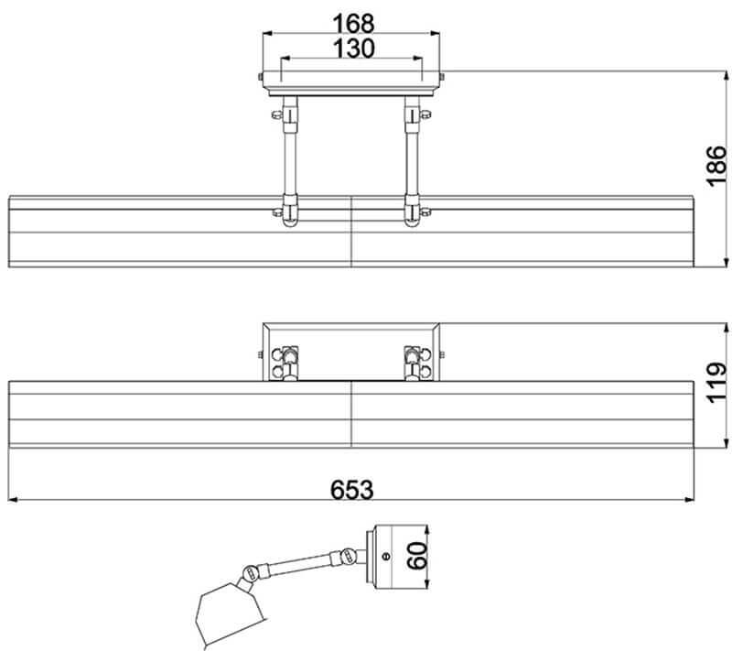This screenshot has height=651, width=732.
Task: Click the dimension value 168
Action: click(x=353, y=24)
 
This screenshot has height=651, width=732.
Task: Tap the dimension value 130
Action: click(x=353, y=49)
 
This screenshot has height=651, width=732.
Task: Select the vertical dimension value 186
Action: click(x=716, y=167)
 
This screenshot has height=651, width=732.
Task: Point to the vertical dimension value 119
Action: click(x=716, y=382)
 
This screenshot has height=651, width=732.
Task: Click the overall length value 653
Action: click(x=351, y=490)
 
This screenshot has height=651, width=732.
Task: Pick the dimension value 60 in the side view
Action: click(x=417, y=555)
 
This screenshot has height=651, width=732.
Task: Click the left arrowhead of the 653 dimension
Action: click(x=13, y=500)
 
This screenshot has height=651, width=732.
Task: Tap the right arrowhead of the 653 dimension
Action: click(x=689, y=500)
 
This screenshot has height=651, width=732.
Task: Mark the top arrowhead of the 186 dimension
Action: click(x=726, y=76)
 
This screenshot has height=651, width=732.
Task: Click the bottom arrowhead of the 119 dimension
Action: click(x=726, y=443)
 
